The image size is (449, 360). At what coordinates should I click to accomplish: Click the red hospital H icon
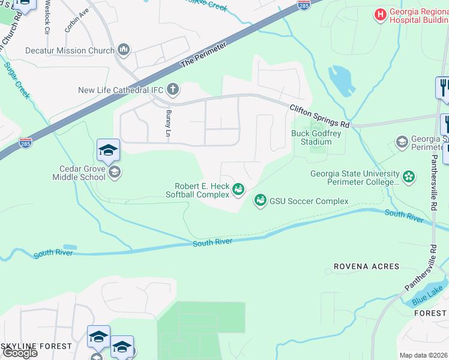pyautogui.click(x=380, y=14)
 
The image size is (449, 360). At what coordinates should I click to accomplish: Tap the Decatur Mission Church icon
pyautogui.click(x=124, y=50)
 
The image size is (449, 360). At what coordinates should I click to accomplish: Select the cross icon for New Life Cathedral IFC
pyautogui.click(x=173, y=90)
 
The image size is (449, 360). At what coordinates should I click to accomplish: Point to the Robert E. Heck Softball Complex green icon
pyautogui.click(x=238, y=190)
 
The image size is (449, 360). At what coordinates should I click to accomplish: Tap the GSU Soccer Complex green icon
pyautogui.click(x=260, y=200)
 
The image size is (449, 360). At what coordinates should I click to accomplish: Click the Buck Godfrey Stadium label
pyautogui.click(x=312, y=137)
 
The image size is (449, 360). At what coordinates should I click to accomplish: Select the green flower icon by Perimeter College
pyautogui.click(x=409, y=177)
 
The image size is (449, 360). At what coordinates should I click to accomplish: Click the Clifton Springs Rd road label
pyautogui.click(x=319, y=116)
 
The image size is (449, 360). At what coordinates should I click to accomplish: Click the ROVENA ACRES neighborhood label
pyautogui.click(x=367, y=266)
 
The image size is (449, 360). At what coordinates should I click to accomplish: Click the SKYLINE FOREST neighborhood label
pyautogui.click(x=36, y=346)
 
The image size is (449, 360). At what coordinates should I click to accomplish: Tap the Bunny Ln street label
pyautogui.click(x=168, y=122)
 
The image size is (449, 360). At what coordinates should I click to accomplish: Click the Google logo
pyautogui.click(x=20, y=353)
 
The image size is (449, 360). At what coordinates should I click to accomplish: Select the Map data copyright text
pyautogui.click(x=424, y=355)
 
